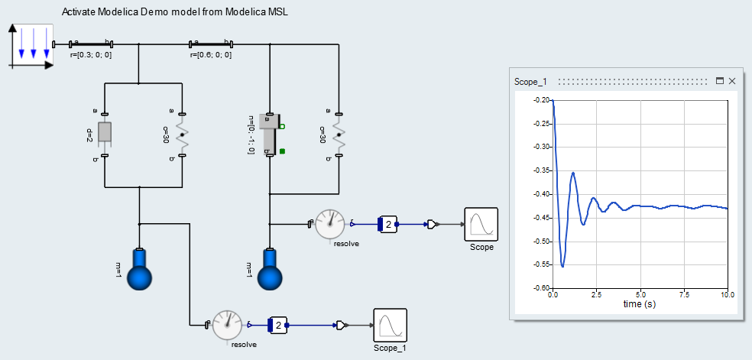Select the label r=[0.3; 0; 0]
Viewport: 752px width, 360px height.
pos(91,55)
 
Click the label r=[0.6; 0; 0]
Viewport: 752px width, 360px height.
pos(211,55)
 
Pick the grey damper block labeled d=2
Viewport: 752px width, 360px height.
pos(105,132)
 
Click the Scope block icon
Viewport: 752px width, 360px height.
pos(481,224)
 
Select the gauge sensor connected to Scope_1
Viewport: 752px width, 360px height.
pos(227,325)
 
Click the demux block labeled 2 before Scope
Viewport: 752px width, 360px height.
pos(387,224)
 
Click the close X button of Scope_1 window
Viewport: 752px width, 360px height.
pos(732,81)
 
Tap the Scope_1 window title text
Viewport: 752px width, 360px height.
pos(531,81)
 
